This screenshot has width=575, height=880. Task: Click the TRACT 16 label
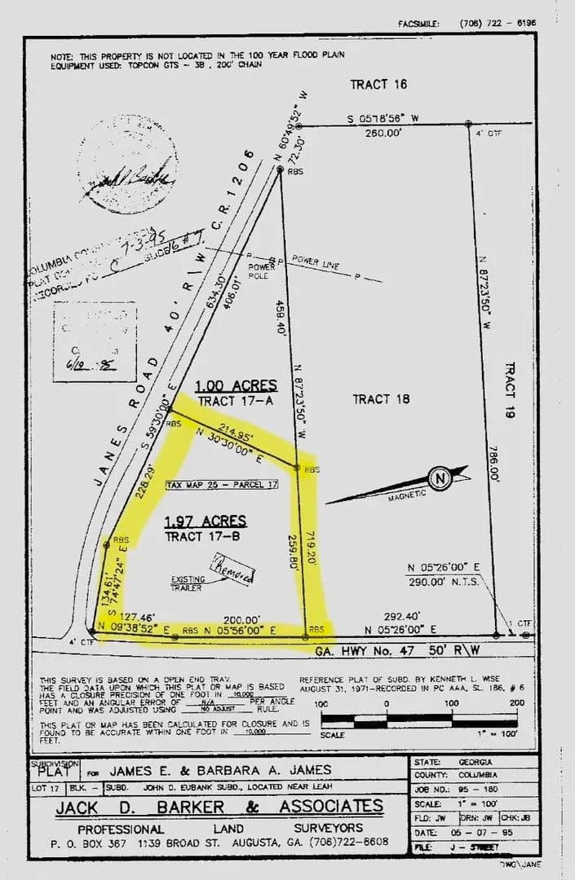378,85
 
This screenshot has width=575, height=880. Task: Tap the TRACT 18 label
381,398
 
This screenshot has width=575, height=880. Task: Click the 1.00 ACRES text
237,385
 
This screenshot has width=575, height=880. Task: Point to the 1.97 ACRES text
206,521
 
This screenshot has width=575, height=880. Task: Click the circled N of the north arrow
440,478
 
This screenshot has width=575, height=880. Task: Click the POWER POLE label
260,269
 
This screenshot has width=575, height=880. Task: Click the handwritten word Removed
233,570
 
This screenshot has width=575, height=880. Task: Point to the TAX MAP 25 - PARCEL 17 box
223,485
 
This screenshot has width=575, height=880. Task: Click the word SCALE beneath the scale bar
333,734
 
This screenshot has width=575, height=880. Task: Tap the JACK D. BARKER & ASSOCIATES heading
219,807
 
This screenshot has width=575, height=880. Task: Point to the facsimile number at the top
498,24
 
